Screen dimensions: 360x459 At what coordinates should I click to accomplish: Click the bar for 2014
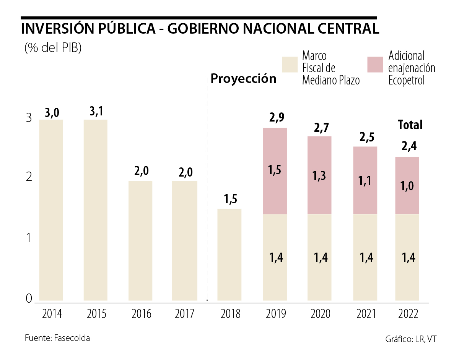pos(51,210)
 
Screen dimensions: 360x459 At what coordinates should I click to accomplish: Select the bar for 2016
pos(140,241)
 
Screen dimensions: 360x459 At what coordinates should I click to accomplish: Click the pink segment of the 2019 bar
pos(275,171)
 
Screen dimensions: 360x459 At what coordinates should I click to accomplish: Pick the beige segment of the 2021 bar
pos(365,258)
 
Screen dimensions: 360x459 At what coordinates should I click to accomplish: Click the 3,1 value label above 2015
pos(96,112)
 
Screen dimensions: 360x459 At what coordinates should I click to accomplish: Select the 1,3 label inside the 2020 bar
pos(320,176)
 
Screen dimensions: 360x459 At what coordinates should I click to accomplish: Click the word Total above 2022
pos(410,125)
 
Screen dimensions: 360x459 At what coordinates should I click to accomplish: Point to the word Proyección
pos(244,79)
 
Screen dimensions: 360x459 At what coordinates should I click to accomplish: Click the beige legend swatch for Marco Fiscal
pos(290,65)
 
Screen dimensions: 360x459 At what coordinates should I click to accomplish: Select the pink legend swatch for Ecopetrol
pos(375,65)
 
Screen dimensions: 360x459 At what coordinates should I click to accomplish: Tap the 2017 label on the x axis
pos(185,314)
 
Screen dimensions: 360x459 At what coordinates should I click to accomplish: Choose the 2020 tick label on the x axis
pos(320,314)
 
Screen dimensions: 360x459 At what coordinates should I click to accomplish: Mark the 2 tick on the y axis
pos(29,177)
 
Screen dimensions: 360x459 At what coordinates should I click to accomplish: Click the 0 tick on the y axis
pos(29,298)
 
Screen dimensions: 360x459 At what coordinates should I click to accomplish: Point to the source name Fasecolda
pos(72,338)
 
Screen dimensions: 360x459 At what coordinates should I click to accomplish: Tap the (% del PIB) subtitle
pos(53,48)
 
